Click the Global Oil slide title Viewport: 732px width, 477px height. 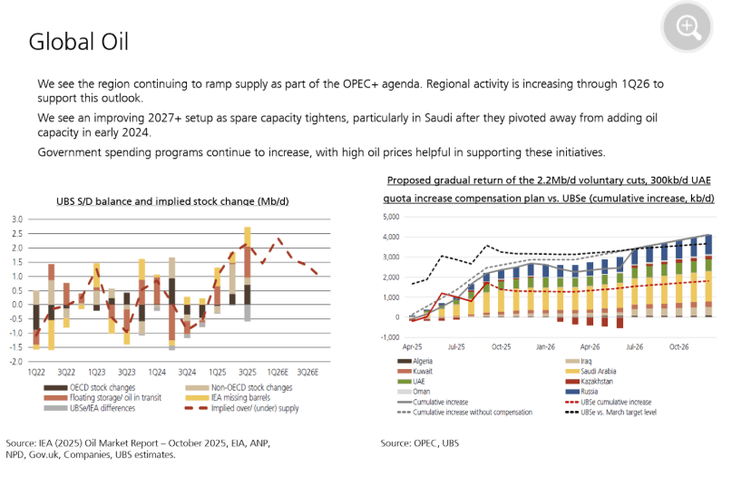[79, 43]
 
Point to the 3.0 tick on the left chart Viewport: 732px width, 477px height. [17, 219]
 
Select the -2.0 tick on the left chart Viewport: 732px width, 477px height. [15, 361]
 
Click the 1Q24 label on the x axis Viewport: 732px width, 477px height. [157, 373]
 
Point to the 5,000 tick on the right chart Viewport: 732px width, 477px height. [391, 217]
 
